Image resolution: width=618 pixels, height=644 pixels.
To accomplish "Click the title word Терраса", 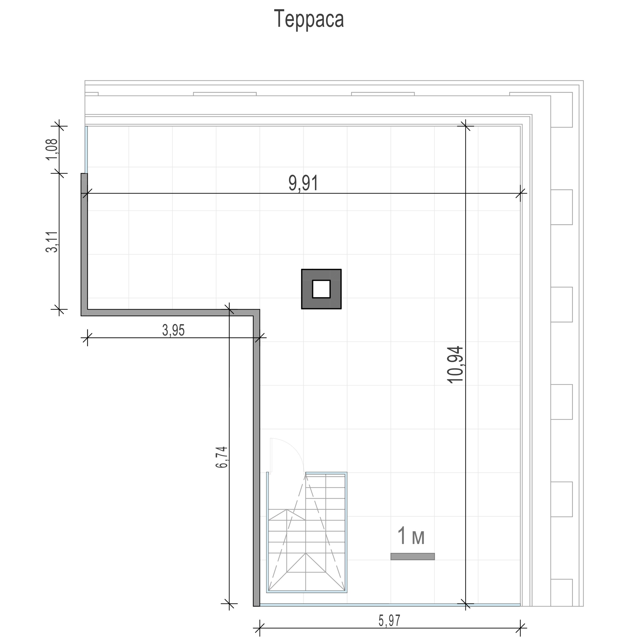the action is (x=309, y=19).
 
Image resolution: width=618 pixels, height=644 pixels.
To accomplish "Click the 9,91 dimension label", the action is (x=303, y=183).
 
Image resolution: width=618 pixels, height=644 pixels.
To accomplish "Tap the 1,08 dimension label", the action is (x=52, y=149).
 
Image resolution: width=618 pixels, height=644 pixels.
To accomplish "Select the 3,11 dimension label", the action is (x=52, y=242).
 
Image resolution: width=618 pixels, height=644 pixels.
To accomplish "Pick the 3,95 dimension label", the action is (x=173, y=330).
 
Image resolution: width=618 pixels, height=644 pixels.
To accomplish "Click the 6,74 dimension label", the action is (x=222, y=457).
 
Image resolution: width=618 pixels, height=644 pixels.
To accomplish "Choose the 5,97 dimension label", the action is (x=390, y=621).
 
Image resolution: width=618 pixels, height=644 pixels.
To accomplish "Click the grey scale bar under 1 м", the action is (x=412, y=556).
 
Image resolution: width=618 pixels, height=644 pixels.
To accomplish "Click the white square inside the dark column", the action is (x=321, y=289).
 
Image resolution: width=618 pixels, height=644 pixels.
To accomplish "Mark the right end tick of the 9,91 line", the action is (x=520, y=193).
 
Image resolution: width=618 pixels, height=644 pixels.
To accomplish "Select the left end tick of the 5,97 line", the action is (x=260, y=628).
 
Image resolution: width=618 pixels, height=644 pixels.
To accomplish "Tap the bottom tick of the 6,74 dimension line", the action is (x=229, y=604).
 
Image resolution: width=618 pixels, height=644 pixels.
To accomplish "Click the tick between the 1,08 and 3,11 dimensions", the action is (x=59, y=173).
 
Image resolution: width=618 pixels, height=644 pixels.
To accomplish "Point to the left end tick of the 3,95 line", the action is (x=87, y=337).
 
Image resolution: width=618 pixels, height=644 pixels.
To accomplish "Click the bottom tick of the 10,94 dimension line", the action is (x=465, y=604).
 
